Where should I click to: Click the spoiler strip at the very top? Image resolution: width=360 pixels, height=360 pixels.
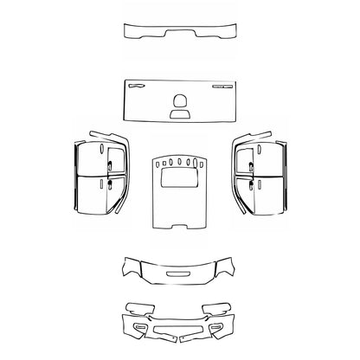(x=179, y=32)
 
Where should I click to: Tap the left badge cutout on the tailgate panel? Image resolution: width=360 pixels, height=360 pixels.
(x=138, y=86)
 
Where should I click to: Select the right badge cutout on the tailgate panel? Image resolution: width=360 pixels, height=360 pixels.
(x=222, y=87)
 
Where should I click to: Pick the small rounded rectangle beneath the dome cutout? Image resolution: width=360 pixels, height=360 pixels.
(x=180, y=112)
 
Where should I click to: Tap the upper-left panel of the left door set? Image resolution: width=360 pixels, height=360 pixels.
(x=89, y=159)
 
